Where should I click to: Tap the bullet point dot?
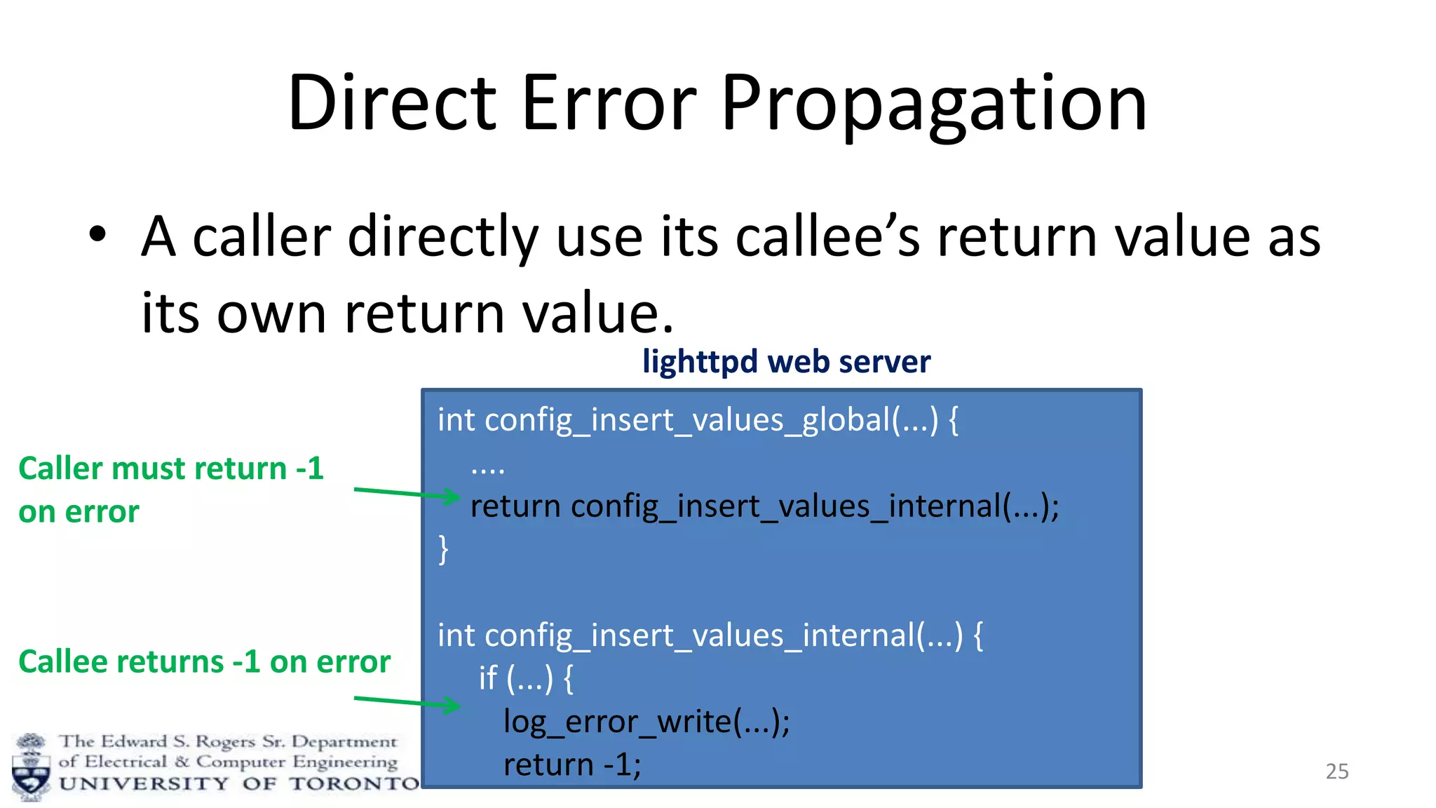[x=97, y=235]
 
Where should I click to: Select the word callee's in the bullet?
[x=827, y=236]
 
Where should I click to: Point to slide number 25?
[x=1336, y=772]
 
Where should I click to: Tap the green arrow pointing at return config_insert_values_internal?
[x=407, y=493]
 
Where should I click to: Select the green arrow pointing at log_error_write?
[x=407, y=702]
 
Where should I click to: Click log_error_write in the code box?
[x=646, y=722]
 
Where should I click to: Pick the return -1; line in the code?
[x=571, y=765]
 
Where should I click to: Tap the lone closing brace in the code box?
[x=443, y=549]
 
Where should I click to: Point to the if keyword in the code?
[x=488, y=678]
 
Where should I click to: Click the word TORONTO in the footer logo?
[x=355, y=783]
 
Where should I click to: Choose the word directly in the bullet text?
[x=442, y=236]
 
